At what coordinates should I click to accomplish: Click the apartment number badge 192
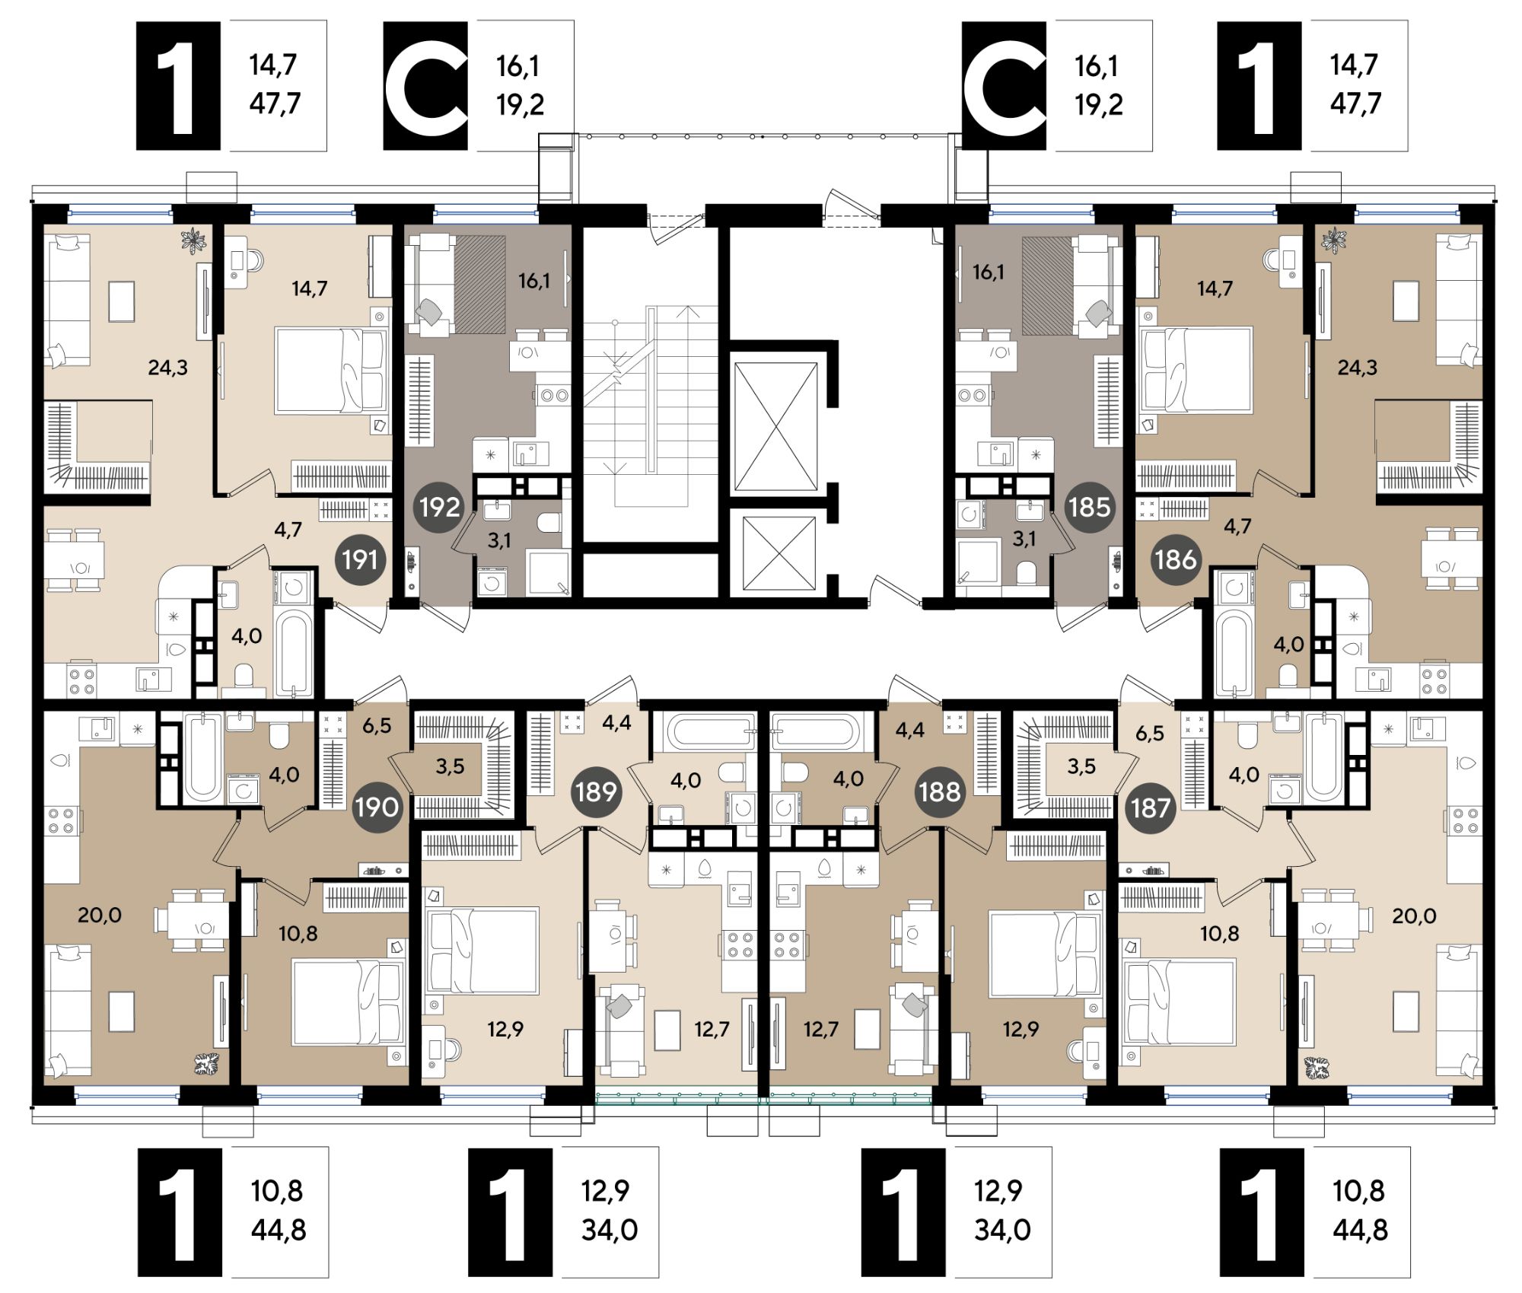coord(439,507)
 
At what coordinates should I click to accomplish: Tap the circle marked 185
coord(1089,507)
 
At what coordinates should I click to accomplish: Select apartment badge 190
coord(377,807)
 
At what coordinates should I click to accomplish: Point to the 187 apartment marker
coord(1149,807)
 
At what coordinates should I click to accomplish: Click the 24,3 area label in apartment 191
coord(167,368)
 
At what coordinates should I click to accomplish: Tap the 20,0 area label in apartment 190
coord(100,915)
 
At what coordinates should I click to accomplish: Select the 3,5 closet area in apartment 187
coord(1081,766)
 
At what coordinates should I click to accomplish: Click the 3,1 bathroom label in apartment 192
coord(499,540)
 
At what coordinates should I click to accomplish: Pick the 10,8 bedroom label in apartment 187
coord(1219,933)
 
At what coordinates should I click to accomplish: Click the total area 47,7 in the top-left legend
coord(275,103)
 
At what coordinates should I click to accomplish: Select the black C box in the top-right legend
coord(1004,85)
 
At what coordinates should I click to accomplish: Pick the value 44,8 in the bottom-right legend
coord(1360,1229)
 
